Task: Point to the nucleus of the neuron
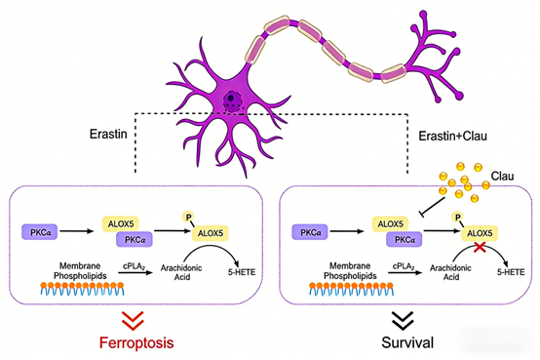coord(235,100)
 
